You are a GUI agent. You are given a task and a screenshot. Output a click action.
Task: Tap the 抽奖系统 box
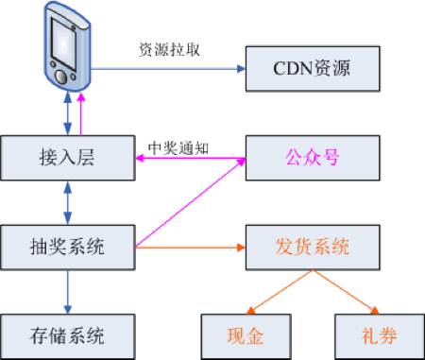[65, 248]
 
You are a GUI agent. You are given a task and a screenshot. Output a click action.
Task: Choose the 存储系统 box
[65, 333]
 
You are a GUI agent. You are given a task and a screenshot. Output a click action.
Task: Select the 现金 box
[248, 333]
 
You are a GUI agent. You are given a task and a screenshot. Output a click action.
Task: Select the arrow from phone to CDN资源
[170, 69]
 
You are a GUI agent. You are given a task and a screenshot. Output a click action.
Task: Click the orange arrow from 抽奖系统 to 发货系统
[189, 248]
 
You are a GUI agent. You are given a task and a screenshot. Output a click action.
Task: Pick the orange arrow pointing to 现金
[276, 294]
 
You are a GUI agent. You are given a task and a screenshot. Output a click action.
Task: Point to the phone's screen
[63, 40]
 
